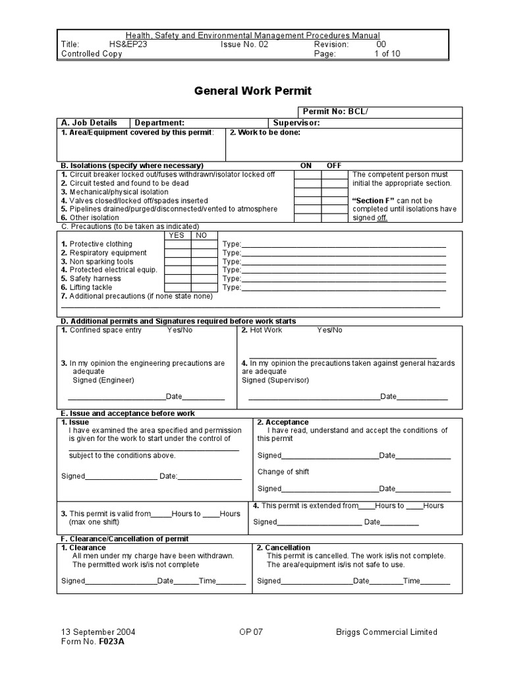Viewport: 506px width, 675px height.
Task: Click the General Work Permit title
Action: pos(252,91)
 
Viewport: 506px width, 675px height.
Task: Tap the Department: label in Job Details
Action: pos(159,123)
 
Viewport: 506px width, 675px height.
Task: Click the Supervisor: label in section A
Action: pos(296,123)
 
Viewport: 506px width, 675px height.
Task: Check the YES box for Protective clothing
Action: pos(177,244)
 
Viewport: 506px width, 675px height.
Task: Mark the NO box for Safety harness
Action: pos(204,278)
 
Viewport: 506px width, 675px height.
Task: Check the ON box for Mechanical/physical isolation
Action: pos(307,192)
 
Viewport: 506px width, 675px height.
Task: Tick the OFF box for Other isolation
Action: pos(334,218)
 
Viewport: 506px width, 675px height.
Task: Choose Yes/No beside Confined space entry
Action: pos(180,330)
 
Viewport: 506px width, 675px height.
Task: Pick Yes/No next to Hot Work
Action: pos(330,330)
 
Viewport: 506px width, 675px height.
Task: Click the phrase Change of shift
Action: pos(283,472)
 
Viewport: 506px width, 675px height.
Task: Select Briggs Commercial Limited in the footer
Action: pos(386,632)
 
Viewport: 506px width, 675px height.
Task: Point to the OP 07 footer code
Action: pos(251,632)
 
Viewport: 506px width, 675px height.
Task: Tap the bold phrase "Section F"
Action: pos(374,200)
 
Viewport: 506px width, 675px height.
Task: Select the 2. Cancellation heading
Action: pos(283,548)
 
